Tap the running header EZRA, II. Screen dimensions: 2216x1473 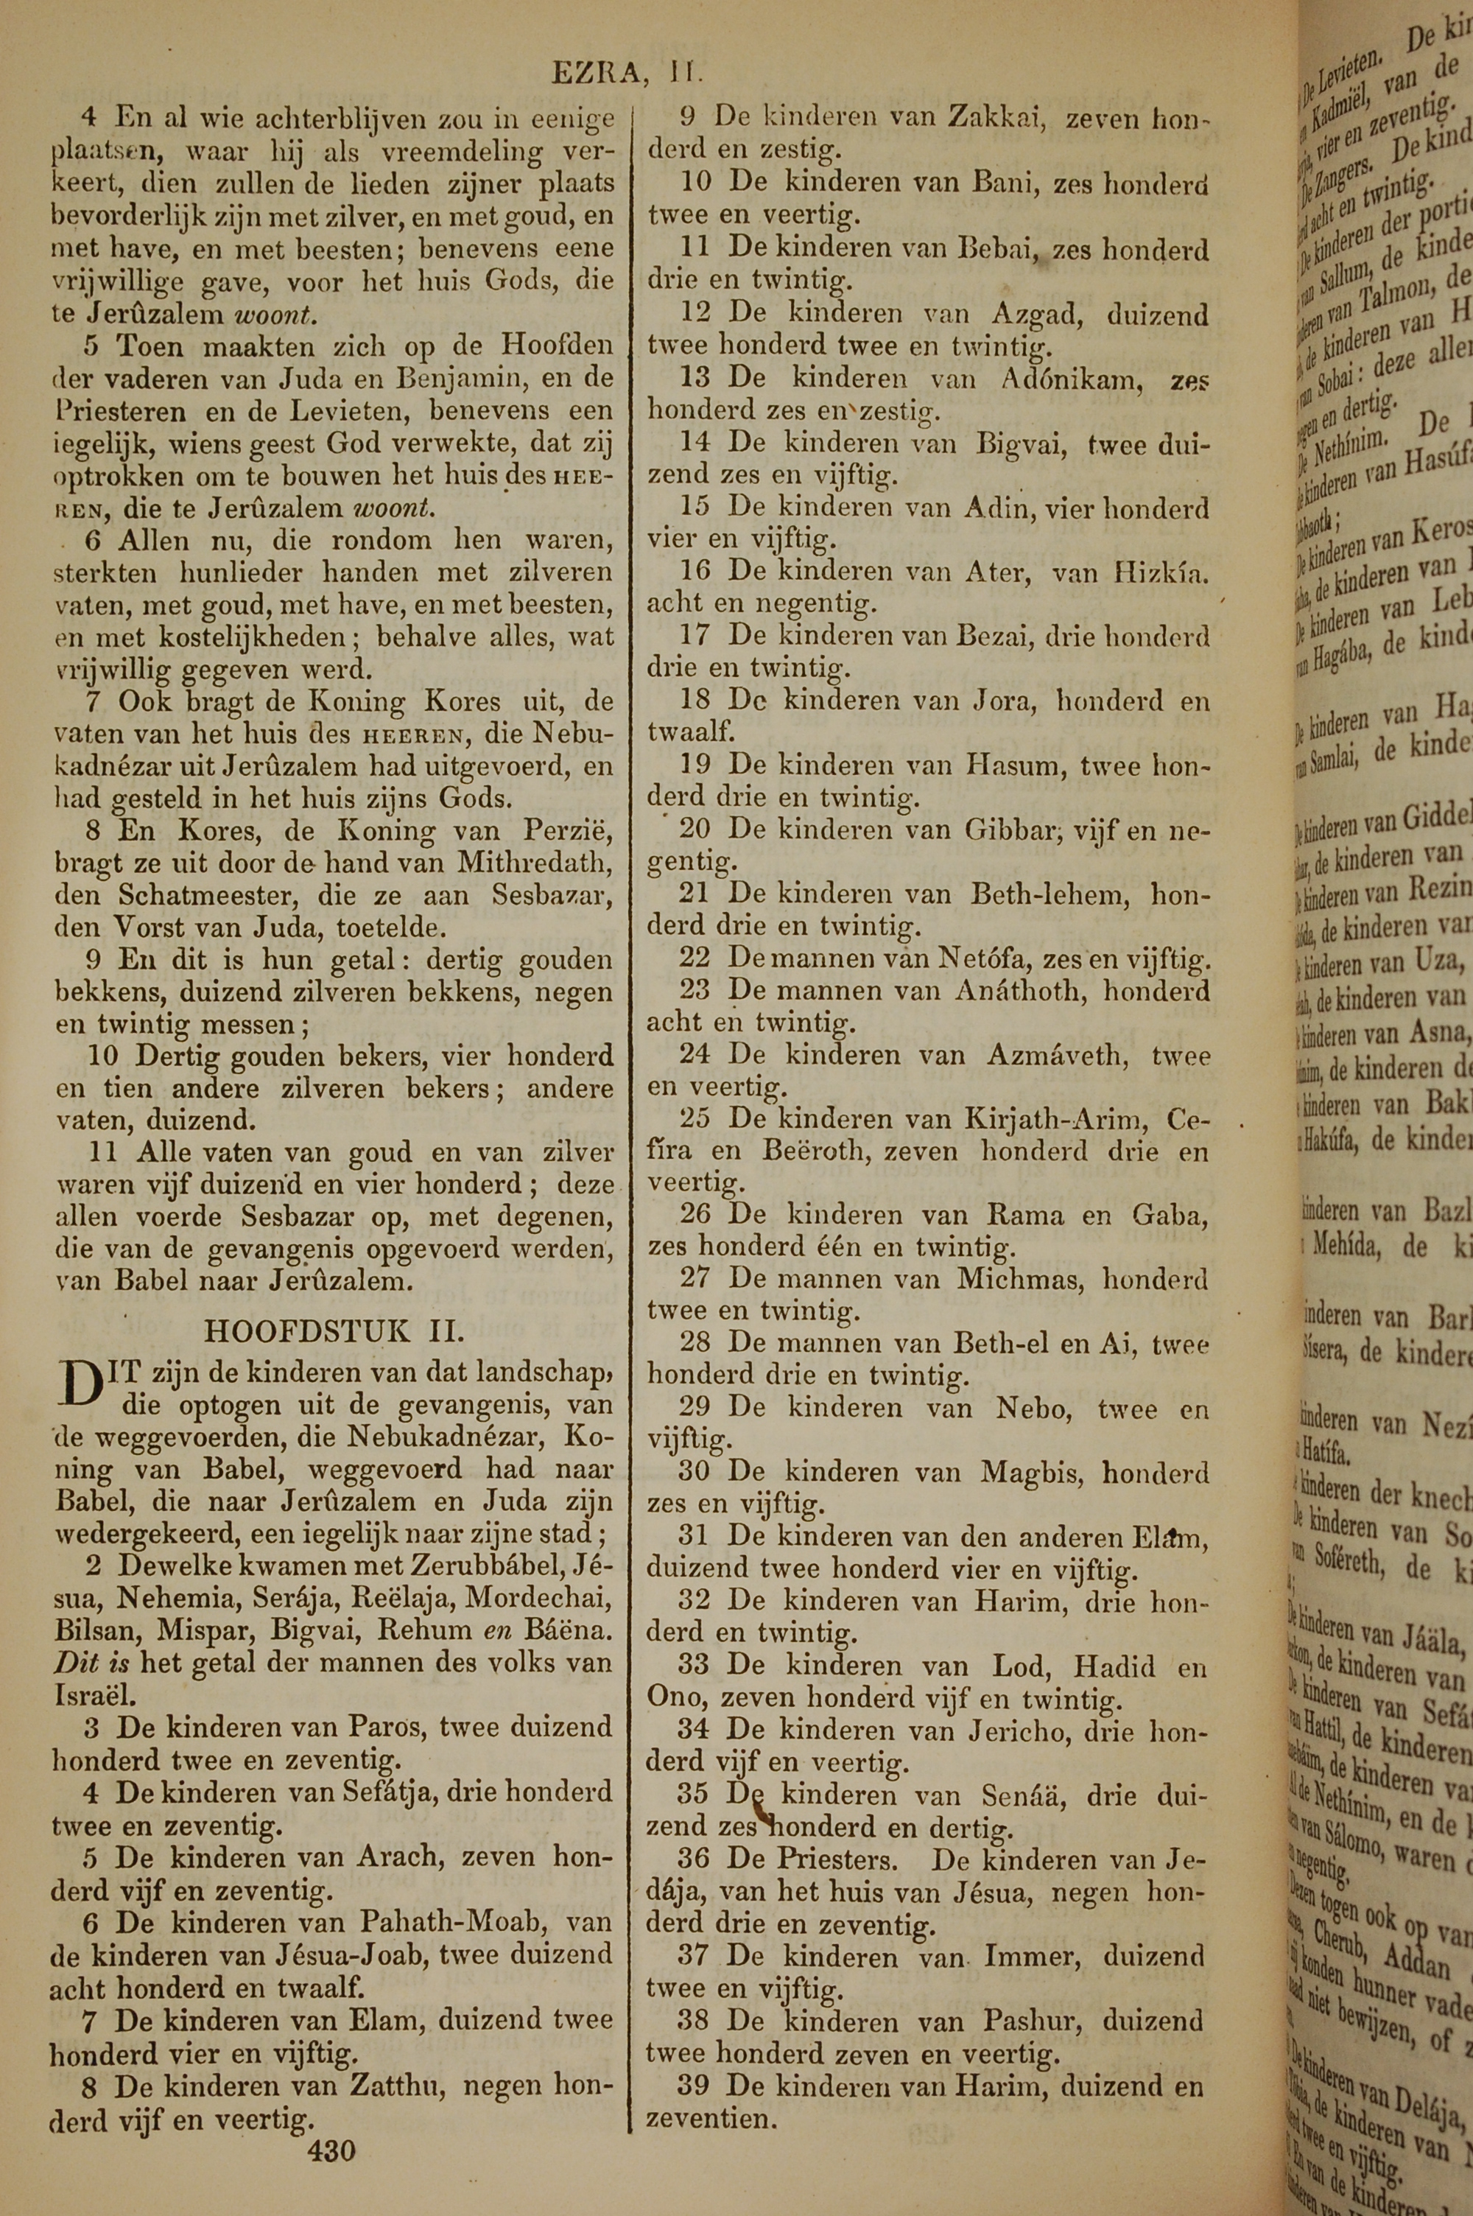pyautogui.click(x=627, y=73)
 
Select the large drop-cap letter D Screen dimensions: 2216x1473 pyautogui.click(x=81, y=1385)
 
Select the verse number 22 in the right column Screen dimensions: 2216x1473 pyautogui.click(x=695, y=960)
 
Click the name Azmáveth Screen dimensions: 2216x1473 pyautogui.click(x=1054, y=1057)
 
